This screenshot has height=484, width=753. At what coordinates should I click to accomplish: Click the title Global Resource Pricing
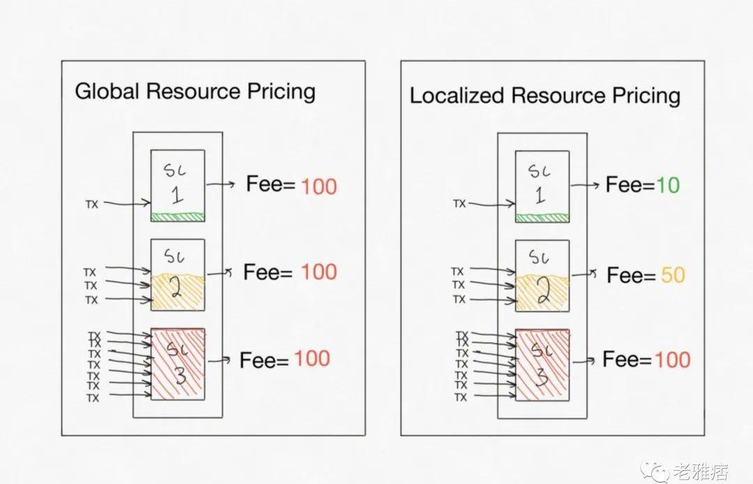coord(195,91)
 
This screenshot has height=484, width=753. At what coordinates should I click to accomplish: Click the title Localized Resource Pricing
coord(545,95)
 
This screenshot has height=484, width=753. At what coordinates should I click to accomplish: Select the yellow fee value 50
coord(673,275)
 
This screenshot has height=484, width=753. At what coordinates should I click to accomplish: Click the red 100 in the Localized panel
coord(672,360)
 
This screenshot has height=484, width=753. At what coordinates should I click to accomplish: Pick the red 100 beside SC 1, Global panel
coord(319,186)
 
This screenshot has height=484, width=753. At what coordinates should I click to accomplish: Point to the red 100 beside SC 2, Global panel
coord(319,271)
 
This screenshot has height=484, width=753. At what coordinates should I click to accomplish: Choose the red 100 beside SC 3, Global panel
coord(312,358)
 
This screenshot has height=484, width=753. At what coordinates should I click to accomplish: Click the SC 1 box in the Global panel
coord(178,185)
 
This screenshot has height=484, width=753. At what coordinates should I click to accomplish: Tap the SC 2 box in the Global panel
coord(178,274)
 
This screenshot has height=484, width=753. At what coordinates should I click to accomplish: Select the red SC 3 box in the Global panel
coord(178,364)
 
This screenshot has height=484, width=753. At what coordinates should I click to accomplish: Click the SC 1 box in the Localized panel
coord(542,186)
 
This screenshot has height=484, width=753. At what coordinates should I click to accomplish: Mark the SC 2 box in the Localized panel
coord(542,275)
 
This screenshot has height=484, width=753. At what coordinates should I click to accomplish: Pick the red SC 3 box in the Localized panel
coord(542,365)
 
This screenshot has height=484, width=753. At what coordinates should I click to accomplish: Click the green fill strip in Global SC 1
coord(178,217)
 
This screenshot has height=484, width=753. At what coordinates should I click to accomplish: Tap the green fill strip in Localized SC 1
coord(542,218)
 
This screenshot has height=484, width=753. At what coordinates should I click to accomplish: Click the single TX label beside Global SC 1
coord(92,204)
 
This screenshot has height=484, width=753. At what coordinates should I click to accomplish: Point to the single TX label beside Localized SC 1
coord(459,204)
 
